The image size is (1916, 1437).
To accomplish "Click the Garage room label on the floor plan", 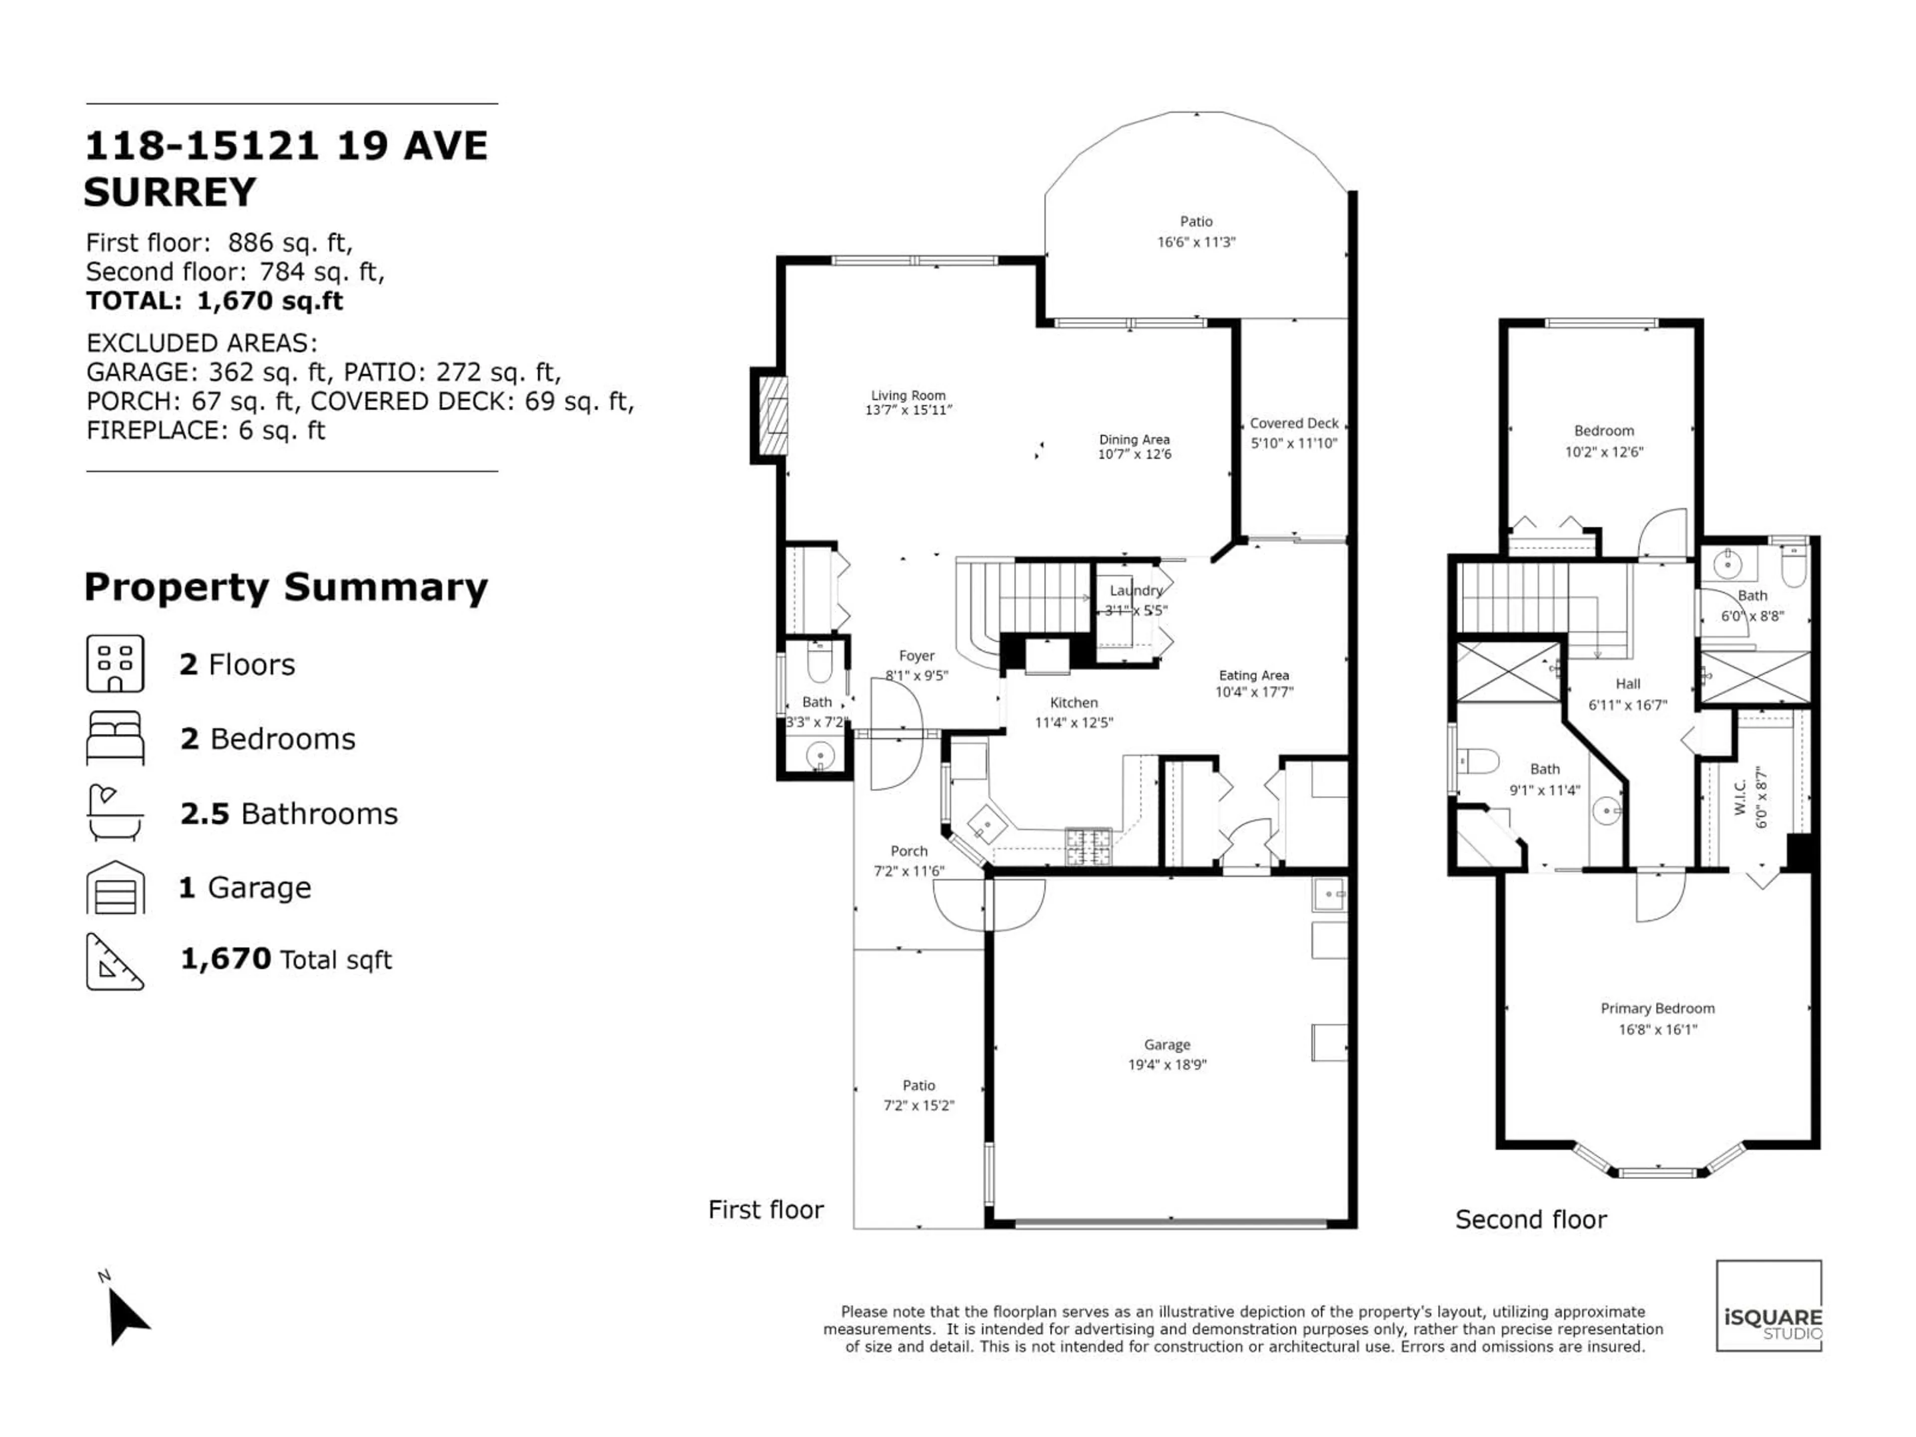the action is (1167, 1045).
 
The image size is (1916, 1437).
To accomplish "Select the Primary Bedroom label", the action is (1657, 1008).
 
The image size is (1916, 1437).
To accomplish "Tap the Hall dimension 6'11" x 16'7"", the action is (1628, 705).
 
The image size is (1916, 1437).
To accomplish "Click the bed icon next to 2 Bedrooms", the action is (115, 738).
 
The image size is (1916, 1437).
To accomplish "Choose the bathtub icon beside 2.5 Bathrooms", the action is (115, 812).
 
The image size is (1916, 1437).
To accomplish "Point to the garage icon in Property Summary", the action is (115, 887).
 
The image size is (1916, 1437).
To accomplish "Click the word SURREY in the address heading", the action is (170, 192).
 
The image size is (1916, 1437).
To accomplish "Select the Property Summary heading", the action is (286, 587).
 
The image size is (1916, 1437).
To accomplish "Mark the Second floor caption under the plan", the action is (1530, 1219).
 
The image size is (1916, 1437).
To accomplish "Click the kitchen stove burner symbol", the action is (1088, 846).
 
